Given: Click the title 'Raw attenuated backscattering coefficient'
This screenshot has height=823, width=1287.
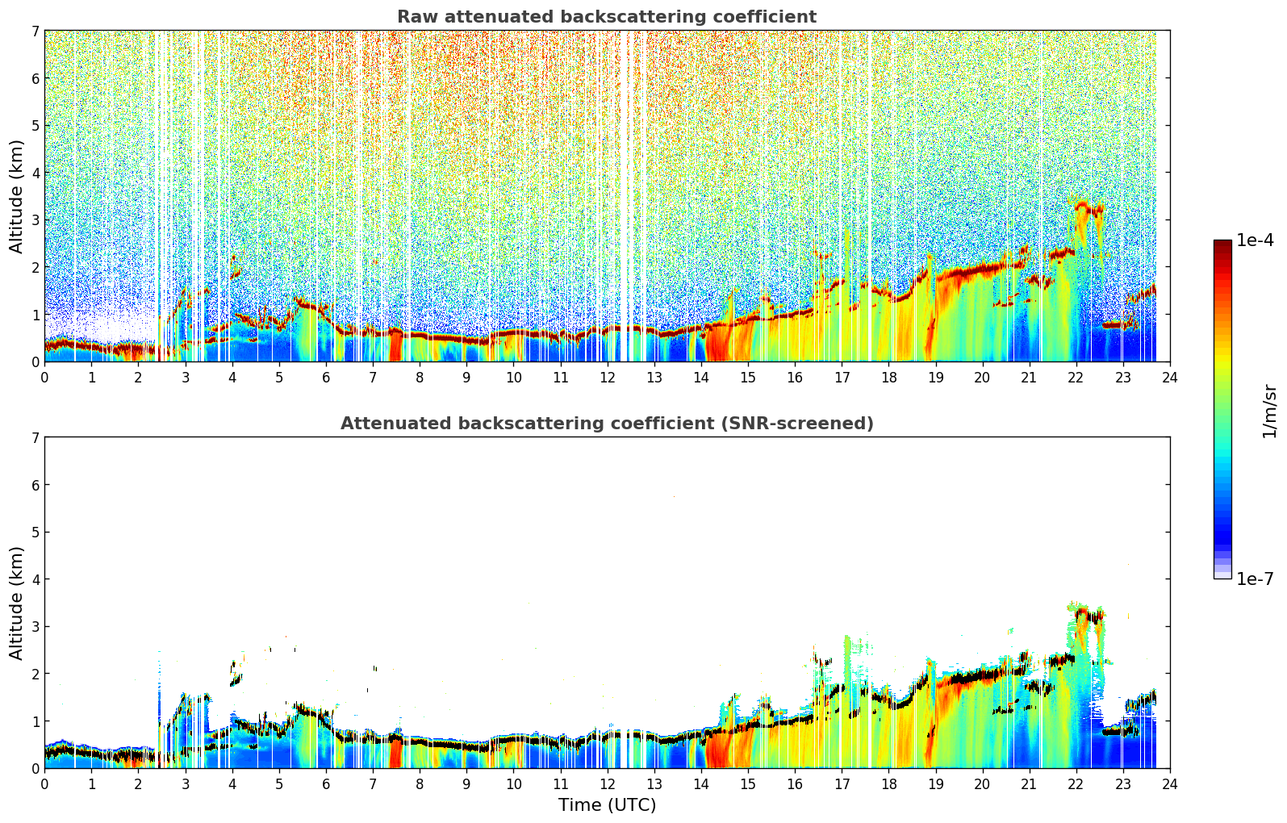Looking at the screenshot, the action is point(607,17).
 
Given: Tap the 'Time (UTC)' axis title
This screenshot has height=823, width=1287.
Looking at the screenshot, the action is point(607,805).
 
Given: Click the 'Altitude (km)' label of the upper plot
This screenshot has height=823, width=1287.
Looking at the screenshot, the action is point(16,197).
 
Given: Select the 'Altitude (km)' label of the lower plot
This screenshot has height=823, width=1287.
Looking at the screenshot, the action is point(16,604).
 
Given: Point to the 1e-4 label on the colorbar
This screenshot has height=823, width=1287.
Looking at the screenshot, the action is point(1255,240).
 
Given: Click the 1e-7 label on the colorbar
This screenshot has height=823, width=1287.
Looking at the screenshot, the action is point(1255,579).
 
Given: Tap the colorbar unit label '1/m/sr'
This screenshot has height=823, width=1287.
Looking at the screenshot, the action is point(1269,412).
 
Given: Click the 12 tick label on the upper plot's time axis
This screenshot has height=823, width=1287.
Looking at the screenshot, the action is point(608,378).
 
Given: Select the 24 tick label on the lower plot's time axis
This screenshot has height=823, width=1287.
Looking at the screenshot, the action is point(1170,784).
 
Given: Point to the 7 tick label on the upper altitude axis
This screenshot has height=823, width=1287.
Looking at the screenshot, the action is point(35,31).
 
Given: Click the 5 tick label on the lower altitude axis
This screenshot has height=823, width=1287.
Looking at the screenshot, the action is point(35,533).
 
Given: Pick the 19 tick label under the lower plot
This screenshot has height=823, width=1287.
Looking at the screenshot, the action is point(935,784).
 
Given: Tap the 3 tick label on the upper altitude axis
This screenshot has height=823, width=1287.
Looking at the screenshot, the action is point(35,220).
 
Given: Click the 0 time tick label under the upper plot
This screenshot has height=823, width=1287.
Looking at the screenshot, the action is point(44,378).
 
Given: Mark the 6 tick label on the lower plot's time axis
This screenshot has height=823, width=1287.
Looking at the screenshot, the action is point(326,784).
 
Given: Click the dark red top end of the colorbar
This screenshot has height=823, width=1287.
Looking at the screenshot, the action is point(1222,243).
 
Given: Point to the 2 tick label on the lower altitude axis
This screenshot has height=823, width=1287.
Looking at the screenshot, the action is point(35,674).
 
